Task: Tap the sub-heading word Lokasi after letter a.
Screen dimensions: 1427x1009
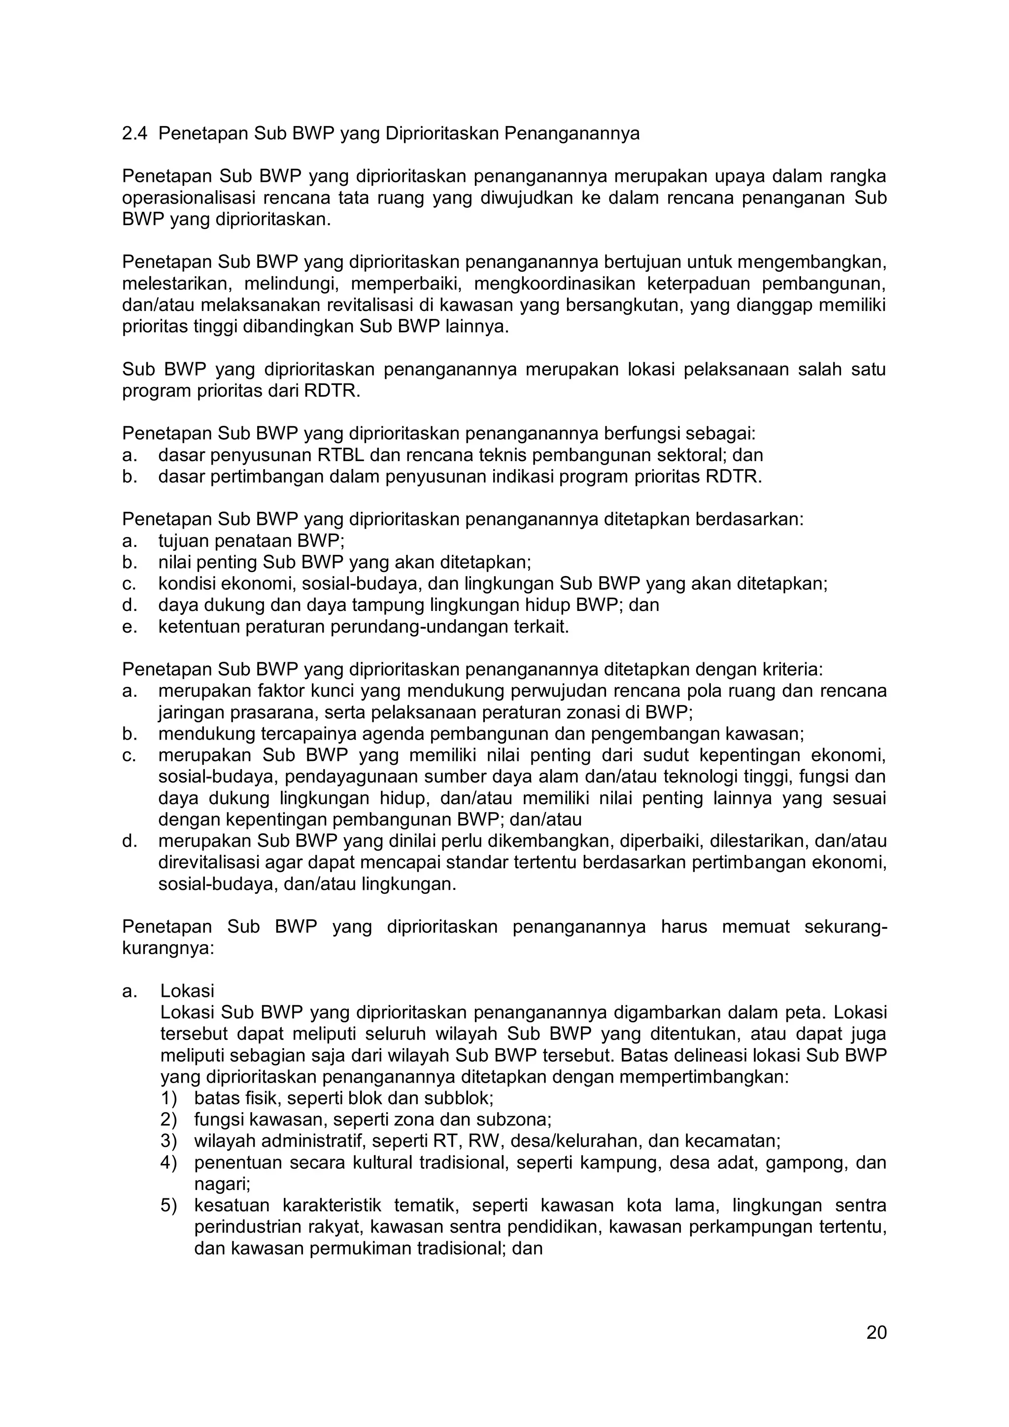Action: pyautogui.click(x=187, y=991)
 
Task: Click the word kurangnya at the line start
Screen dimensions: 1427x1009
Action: pyautogui.click(x=168, y=949)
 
